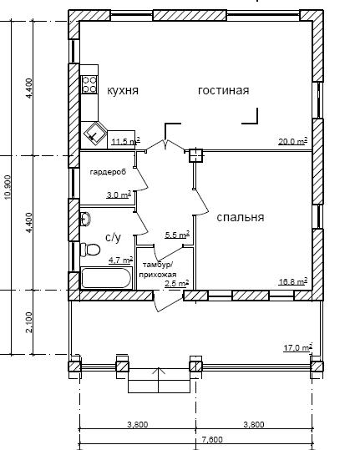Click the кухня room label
(123, 91)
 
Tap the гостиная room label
(224, 91)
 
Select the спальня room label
(241, 217)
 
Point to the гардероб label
(108, 172)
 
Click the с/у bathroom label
(114, 237)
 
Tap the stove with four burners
(89, 84)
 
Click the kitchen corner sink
(94, 134)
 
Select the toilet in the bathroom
(90, 250)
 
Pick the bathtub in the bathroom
(106, 278)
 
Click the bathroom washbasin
(85, 220)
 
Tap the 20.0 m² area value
(293, 141)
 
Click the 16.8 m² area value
(293, 281)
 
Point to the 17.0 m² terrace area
(298, 348)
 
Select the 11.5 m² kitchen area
(126, 141)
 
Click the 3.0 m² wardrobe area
(119, 195)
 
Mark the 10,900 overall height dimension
(8, 187)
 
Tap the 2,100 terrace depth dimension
(29, 322)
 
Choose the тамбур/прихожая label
(158, 269)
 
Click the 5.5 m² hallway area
(177, 235)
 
